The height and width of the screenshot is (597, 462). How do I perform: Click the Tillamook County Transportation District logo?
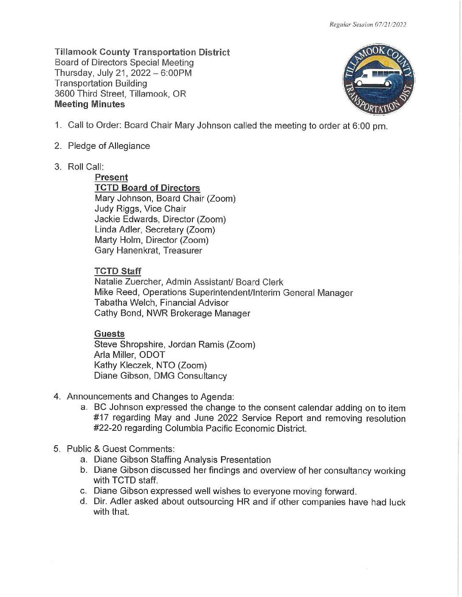click(378, 79)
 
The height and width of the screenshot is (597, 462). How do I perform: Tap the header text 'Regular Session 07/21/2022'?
click(368, 25)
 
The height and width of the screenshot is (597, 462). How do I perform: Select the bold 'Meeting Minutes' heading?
click(90, 104)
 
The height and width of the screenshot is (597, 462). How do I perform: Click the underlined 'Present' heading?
click(111, 177)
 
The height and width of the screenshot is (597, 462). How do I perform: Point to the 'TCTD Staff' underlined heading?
click(118, 271)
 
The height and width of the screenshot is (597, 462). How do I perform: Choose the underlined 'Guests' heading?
click(110, 334)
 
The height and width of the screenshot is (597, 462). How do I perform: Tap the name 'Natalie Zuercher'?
click(128, 282)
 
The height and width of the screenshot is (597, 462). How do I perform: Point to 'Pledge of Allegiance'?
click(109, 146)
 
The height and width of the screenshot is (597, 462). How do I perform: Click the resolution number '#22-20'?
click(107, 428)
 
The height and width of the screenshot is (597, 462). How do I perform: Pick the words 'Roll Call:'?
click(86, 167)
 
